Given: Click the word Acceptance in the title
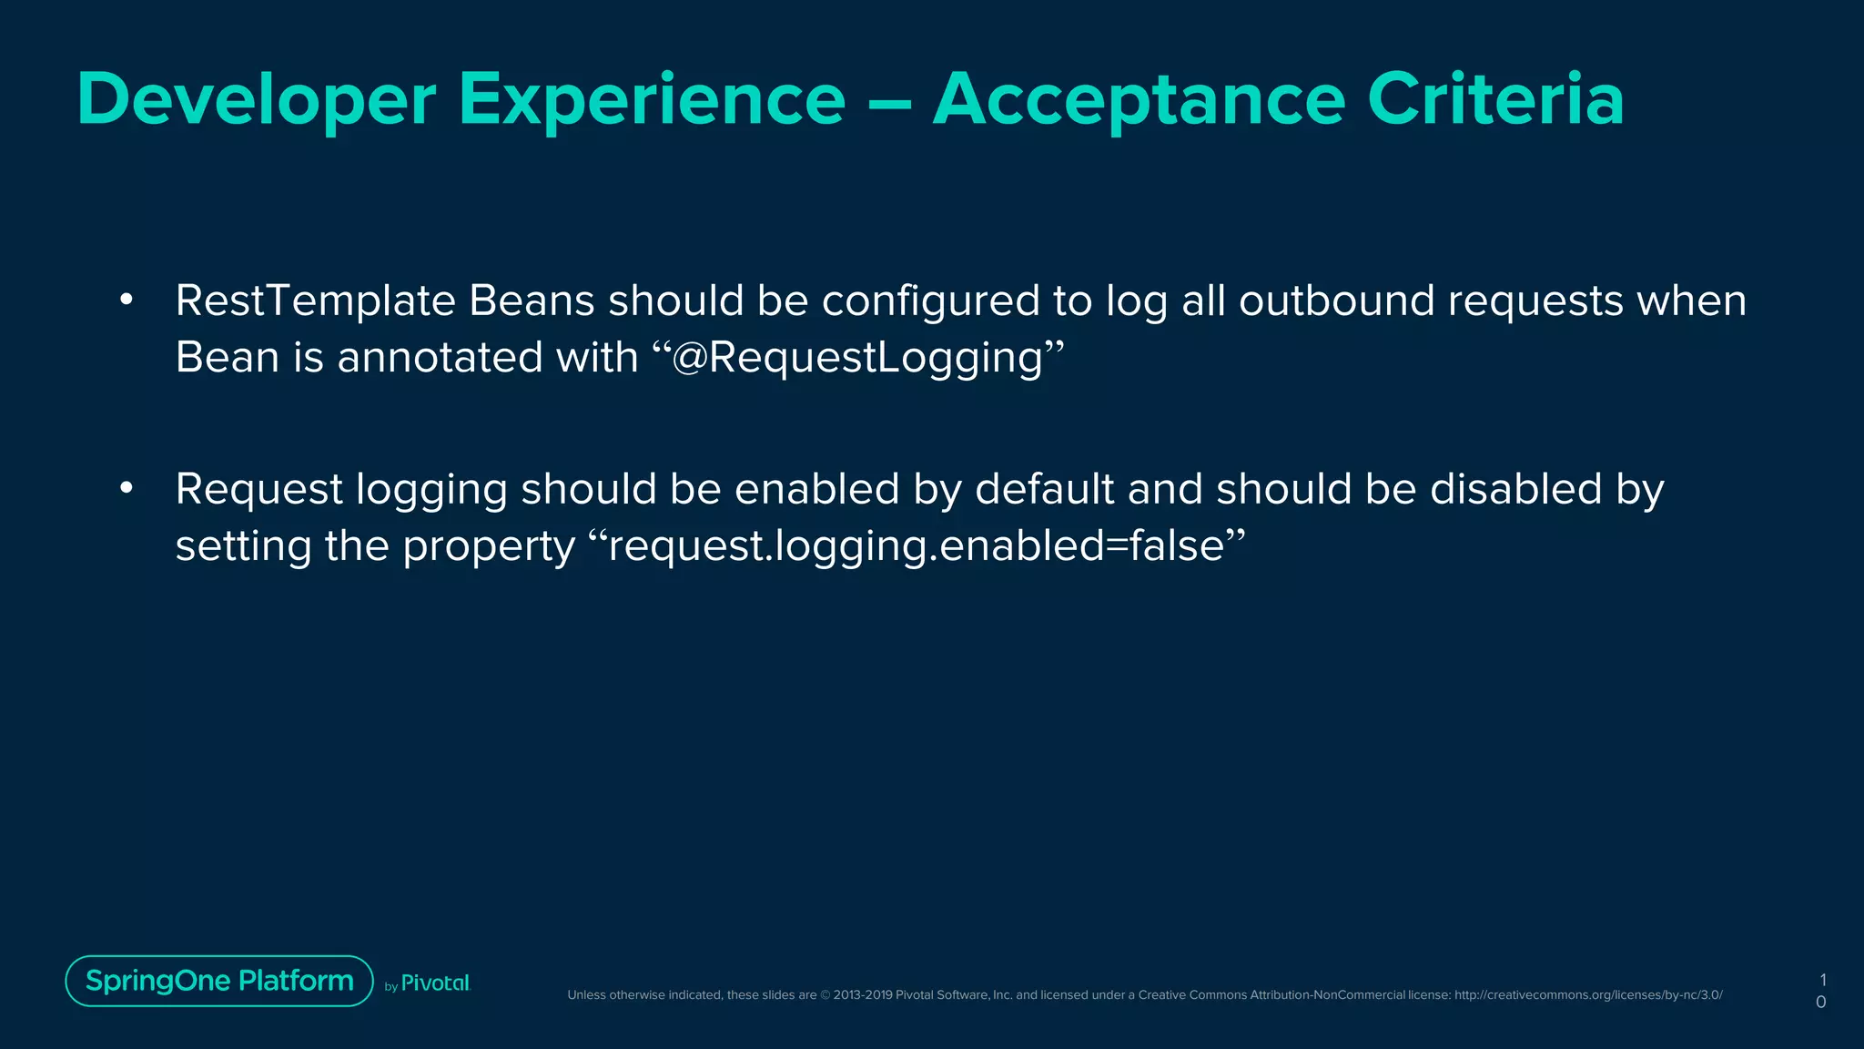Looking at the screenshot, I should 1139,100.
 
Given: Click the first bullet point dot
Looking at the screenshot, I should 127,300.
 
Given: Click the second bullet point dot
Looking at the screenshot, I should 127,489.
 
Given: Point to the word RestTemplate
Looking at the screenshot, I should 315,301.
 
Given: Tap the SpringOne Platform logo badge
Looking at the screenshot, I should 219,981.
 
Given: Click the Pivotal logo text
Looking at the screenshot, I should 435,983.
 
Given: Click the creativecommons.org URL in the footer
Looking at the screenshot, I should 1587,995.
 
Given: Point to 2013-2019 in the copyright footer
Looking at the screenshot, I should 862,995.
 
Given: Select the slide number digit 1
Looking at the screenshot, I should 1822,981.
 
